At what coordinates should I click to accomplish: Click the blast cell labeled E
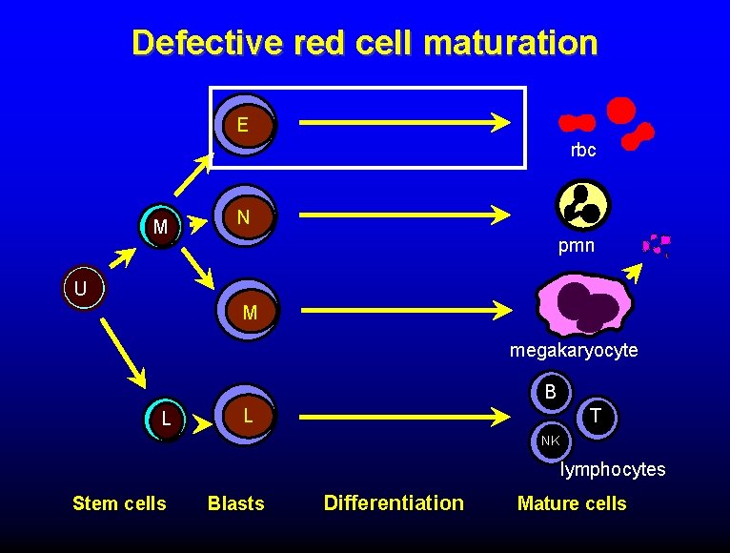click(x=244, y=125)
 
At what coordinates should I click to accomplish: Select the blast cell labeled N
click(x=244, y=217)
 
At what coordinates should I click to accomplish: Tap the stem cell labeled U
click(x=83, y=287)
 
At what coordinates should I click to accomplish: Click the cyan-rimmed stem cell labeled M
click(x=161, y=227)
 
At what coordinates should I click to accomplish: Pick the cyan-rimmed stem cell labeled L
click(x=167, y=419)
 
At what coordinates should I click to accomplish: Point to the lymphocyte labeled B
click(x=551, y=391)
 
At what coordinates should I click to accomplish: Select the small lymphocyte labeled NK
click(x=550, y=440)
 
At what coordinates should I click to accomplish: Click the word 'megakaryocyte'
click(x=574, y=351)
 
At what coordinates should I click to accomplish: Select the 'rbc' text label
click(x=583, y=150)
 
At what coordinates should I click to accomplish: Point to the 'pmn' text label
click(x=576, y=246)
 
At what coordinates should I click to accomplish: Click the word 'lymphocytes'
click(x=613, y=470)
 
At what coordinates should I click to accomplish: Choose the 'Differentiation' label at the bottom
click(x=394, y=502)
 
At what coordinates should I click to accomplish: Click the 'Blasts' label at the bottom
click(x=235, y=503)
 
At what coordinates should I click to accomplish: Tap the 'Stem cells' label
click(x=119, y=503)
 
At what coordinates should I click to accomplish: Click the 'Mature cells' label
click(x=572, y=503)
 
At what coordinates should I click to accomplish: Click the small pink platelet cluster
click(x=657, y=244)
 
